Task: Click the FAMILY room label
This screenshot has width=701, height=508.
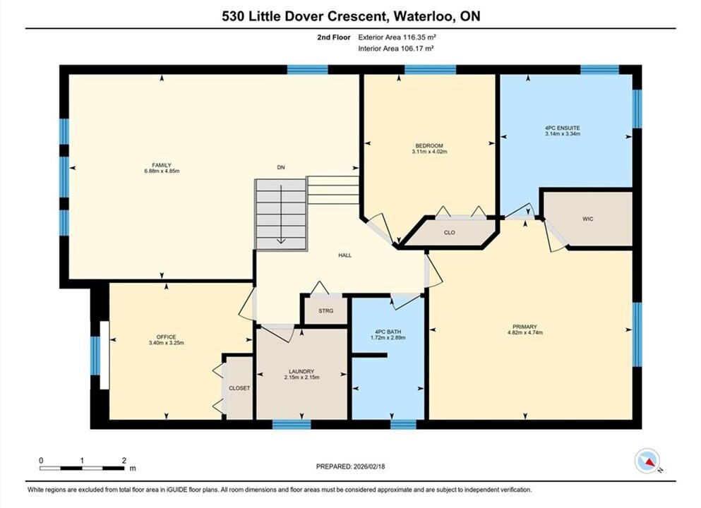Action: pos(162,165)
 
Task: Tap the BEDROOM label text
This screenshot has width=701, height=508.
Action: pos(429,145)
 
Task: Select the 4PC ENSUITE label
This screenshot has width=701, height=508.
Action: pos(563,128)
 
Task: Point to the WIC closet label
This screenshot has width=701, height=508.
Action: pos(587,219)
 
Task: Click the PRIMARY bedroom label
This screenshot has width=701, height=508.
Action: pos(525,327)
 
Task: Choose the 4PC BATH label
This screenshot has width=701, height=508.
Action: pos(388,332)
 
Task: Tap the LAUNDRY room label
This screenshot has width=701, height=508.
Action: pos(301,371)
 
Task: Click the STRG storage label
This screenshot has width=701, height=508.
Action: pos(326,311)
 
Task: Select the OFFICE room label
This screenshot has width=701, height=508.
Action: pos(167,337)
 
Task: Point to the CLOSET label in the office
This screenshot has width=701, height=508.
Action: pos(239,388)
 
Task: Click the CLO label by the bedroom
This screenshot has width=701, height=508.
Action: pos(449,233)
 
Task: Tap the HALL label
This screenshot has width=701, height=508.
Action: pos(344,255)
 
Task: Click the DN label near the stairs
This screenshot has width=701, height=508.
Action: pos(281,167)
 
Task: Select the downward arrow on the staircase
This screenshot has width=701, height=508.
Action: pos(281,214)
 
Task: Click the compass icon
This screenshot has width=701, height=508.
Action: pos(647,461)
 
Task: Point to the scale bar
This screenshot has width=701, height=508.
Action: pos(82,468)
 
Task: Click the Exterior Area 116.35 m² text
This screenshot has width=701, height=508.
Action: pos(397,37)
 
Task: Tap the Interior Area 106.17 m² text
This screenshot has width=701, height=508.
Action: pos(395,49)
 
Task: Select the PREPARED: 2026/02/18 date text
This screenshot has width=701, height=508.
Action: pos(350,466)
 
